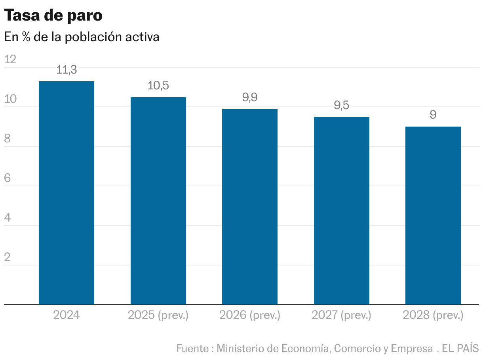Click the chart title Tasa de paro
tap(53, 15)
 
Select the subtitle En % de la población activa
tap(82, 37)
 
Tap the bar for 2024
tap(67, 193)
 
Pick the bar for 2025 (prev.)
tap(158, 201)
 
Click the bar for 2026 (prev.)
tap(250, 207)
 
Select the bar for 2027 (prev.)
tap(341, 210)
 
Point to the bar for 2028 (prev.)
tap(433, 216)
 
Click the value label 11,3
tap(67, 70)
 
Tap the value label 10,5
tap(158, 85)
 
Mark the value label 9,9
tap(250, 98)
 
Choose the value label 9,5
tap(341, 106)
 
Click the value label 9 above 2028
tap(433, 115)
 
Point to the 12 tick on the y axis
tap(10, 59)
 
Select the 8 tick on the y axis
tap(7, 139)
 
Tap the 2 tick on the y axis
tap(7, 258)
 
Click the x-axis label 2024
tap(67, 315)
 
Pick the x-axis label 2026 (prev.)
tap(250, 315)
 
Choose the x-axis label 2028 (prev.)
tap(433, 315)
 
